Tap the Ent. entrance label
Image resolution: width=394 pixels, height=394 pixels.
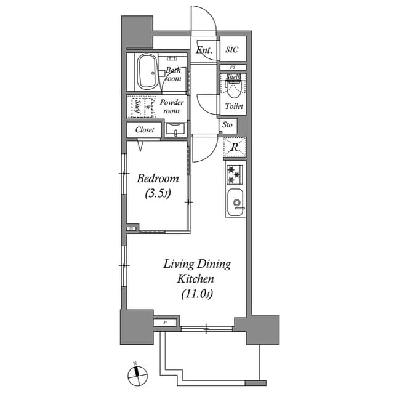tap(204, 50)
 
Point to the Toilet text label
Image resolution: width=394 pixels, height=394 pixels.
tap(234, 107)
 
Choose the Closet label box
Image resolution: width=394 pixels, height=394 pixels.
tap(145, 130)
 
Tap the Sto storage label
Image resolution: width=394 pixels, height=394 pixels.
tap(228, 125)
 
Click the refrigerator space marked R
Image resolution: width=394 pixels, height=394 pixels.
tap(233, 148)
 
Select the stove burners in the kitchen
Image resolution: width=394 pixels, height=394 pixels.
tap(234, 174)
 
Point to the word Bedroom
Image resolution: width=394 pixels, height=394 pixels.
tap(158, 179)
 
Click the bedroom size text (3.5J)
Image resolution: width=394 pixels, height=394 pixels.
tap(158, 193)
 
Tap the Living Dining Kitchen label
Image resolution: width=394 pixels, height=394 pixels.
tap(196, 271)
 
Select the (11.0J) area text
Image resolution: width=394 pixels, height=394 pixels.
tap(196, 294)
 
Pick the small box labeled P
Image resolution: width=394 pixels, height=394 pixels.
tap(164, 323)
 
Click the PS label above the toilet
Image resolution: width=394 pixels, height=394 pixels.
tap(233, 66)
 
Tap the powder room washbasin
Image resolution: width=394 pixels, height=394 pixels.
tap(175, 131)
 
